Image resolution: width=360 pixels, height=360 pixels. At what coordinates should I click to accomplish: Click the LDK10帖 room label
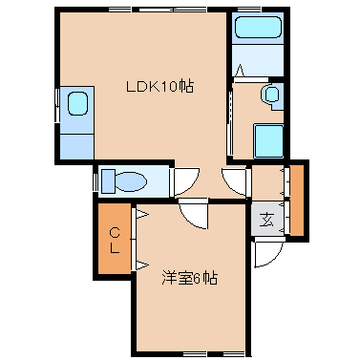[x=159, y=86]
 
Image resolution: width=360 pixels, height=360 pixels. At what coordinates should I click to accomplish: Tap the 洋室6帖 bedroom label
[x=189, y=278]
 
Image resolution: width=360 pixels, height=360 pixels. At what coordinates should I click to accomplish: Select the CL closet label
[x=115, y=241]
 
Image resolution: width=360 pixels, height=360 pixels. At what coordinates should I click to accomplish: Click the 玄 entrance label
[x=266, y=220]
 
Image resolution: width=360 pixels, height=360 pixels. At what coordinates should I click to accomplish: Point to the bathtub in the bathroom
[x=258, y=27]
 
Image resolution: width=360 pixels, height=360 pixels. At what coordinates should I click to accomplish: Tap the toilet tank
[x=108, y=181]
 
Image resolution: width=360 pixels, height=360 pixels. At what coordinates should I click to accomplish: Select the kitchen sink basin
[x=77, y=103]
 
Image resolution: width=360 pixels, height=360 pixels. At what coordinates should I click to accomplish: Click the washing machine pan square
[x=269, y=141]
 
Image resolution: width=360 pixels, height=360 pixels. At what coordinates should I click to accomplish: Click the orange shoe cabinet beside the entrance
[x=297, y=201]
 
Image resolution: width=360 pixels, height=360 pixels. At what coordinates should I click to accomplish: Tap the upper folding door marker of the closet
[x=141, y=214]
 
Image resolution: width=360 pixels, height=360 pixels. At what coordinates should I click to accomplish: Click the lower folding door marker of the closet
[x=141, y=265]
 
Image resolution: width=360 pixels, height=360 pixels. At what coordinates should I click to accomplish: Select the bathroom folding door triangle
[x=240, y=71]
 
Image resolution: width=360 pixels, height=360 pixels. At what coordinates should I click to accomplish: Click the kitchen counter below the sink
[x=77, y=147]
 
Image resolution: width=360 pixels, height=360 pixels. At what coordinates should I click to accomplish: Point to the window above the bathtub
[x=254, y=10]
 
